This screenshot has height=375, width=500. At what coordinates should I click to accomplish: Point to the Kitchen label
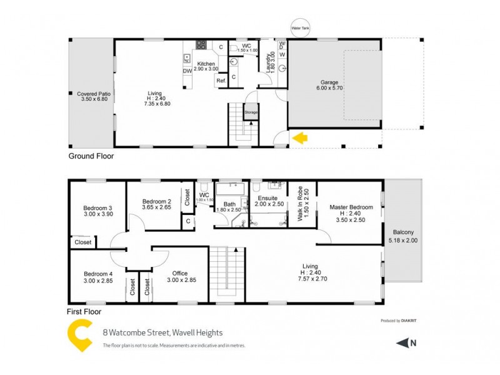click(206, 64)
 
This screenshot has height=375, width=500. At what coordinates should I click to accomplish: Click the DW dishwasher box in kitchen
click(187, 71)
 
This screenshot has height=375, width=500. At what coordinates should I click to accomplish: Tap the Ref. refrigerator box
click(221, 81)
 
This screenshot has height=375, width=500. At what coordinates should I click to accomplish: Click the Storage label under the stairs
click(251, 113)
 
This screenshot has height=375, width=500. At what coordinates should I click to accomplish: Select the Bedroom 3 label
click(97, 208)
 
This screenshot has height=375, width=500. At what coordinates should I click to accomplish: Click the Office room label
click(181, 273)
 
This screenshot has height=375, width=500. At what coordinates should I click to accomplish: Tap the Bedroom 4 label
click(97, 273)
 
